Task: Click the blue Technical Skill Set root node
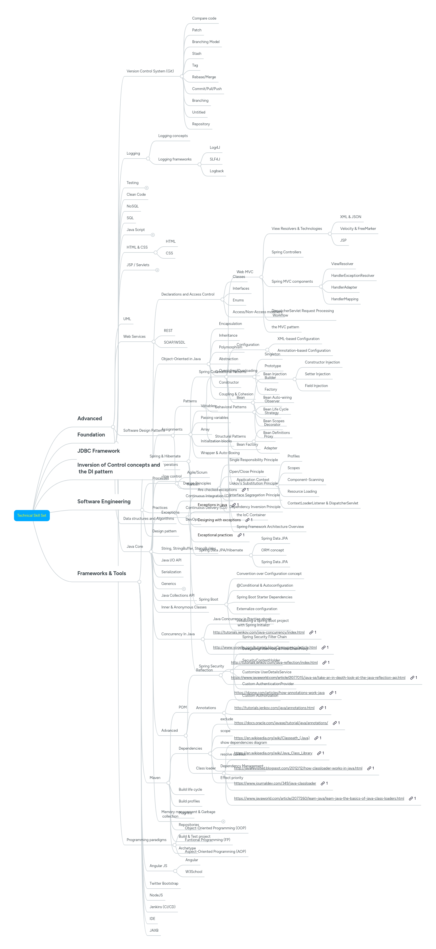click(x=32, y=515)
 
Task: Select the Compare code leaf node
click(x=204, y=18)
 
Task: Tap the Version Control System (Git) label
click(x=150, y=71)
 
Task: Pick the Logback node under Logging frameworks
click(x=216, y=171)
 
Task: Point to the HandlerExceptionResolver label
click(x=352, y=276)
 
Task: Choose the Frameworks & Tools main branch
click(x=101, y=573)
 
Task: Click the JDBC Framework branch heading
click(x=99, y=451)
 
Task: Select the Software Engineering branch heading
click(x=104, y=501)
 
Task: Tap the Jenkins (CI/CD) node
click(x=162, y=906)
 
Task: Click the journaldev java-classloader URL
click(x=275, y=783)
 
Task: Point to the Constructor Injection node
click(x=322, y=362)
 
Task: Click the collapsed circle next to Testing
click(x=146, y=188)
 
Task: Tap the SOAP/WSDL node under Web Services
click(x=174, y=342)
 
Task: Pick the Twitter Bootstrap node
click(x=164, y=883)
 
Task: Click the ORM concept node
click(x=272, y=550)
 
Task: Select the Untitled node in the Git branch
click(x=198, y=112)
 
